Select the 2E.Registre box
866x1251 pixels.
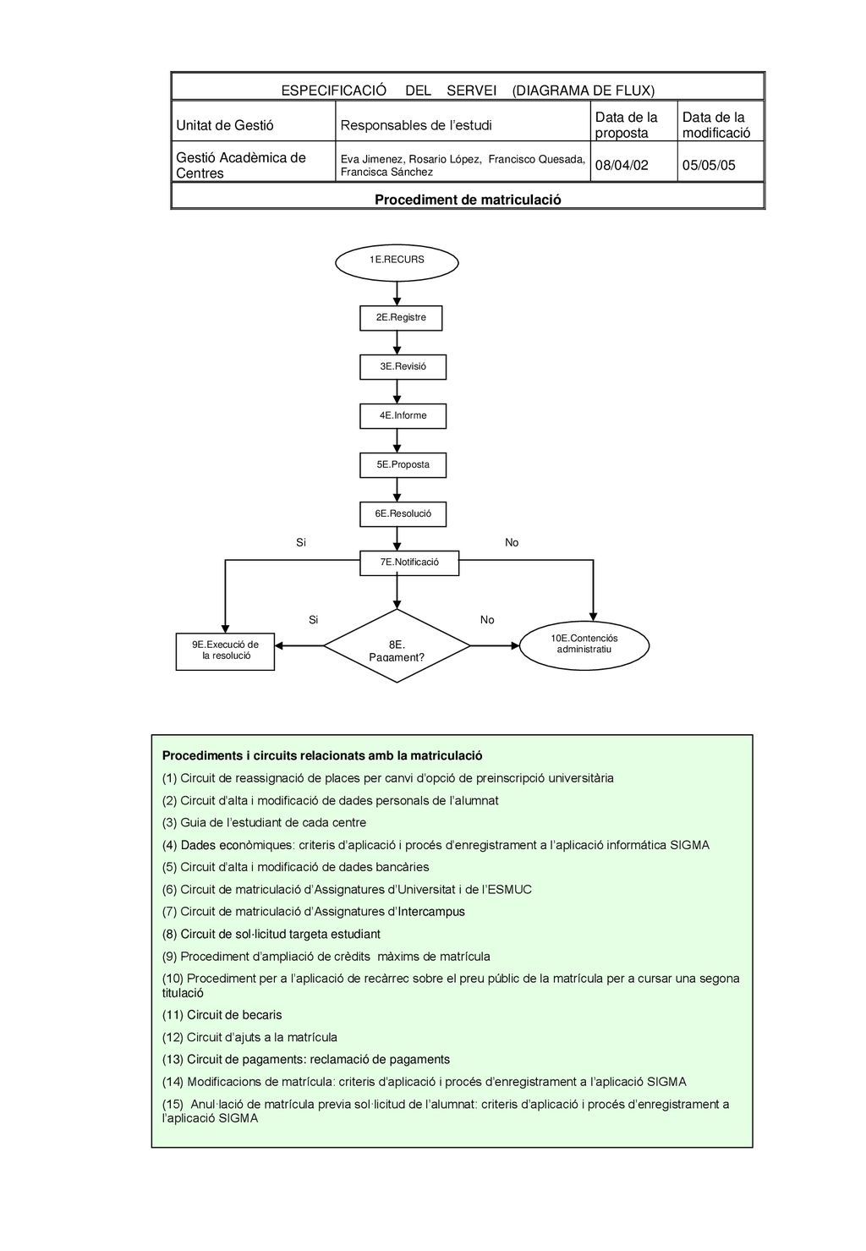(401, 318)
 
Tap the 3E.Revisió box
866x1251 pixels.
(403, 367)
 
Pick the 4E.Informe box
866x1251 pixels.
(403, 416)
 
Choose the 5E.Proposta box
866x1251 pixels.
(403, 465)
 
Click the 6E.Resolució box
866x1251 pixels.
(403, 513)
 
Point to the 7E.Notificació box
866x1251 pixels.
(409, 563)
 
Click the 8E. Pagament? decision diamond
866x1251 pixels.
(397, 645)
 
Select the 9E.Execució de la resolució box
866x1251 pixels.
(225, 651)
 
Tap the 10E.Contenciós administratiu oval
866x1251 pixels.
(584, 645)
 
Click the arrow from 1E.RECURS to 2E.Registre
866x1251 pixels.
(397, 294)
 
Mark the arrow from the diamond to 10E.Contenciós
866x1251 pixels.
(495, 645)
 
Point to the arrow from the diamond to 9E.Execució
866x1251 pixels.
(299, 645)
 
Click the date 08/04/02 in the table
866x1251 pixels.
(622, 165)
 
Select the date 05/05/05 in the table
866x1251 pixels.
(709, 165)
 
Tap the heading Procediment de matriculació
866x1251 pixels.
(468, 200)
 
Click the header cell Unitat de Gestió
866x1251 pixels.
(224, 125)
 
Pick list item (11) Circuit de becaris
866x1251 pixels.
(222, 1015)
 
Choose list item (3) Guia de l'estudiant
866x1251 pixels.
(264, 822)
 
